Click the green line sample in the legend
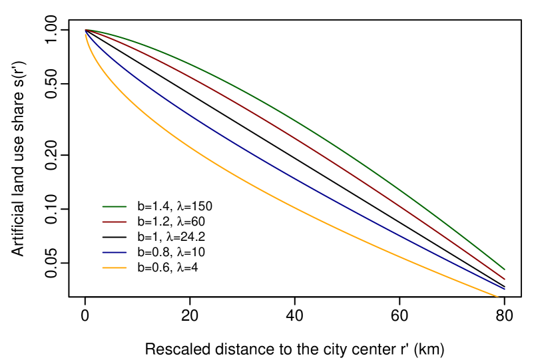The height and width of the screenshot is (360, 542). point(115,206)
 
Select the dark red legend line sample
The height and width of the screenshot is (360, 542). point(115,222)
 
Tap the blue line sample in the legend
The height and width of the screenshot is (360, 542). point(115,252)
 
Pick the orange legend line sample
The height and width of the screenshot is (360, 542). point(115,268)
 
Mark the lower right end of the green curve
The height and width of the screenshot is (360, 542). point(505,269)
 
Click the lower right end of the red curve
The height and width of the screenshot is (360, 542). point(505,279)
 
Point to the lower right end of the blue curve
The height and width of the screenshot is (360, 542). point(505,289)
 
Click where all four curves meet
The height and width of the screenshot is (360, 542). point(86,31)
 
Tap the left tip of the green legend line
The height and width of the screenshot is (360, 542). point(103,206)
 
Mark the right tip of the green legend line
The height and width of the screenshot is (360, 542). point(127,206)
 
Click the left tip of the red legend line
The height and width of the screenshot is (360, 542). point(103,222)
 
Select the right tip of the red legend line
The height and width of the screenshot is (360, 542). point(127,222)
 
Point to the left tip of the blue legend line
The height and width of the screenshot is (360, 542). point(103,252)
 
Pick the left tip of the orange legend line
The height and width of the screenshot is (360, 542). point(103,268)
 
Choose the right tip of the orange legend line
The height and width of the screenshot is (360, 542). point(127,268)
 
